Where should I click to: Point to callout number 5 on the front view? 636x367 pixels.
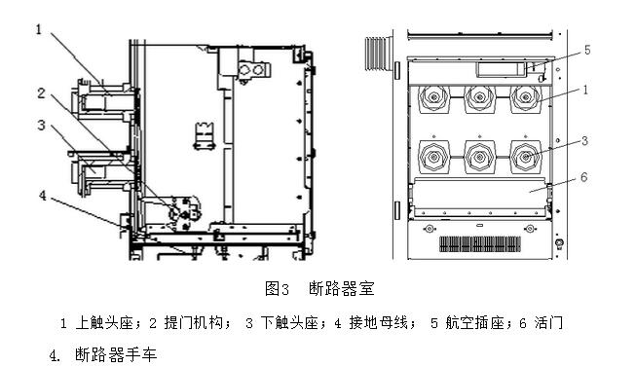587,49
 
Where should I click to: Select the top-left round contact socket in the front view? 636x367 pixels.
430,97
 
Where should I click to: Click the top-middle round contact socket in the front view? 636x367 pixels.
478,97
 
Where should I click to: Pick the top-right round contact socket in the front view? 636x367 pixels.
526,97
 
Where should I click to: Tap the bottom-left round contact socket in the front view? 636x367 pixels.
430,155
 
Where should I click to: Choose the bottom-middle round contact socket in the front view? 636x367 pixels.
478,155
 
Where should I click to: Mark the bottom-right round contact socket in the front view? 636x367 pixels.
526,155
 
